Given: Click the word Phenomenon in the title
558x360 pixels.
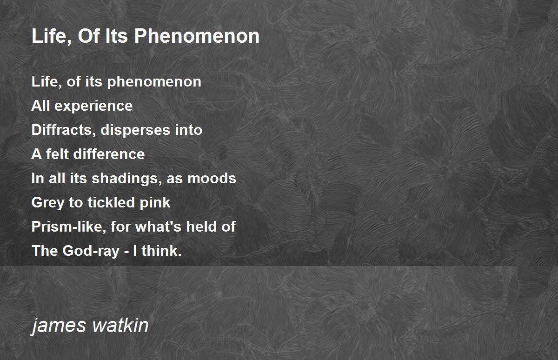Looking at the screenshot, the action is point(197,36).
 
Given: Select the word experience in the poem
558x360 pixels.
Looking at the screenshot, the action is point(93,106).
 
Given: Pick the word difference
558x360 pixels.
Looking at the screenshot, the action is point(109,153).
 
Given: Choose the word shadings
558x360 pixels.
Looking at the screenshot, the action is point(127,179).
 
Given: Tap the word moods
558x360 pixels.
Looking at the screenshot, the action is point(212,178).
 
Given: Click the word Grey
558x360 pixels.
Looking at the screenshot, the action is point(48,203).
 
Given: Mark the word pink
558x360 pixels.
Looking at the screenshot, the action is point(155,202).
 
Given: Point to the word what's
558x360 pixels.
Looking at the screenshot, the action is point(158,227).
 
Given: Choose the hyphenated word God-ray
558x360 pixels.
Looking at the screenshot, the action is point(91,251).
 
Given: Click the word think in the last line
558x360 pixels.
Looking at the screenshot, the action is point(161,250).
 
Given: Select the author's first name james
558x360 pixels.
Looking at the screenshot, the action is point(59,326).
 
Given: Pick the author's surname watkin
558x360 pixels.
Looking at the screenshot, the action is point(120,325).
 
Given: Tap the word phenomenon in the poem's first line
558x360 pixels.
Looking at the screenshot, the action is point(154,82).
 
